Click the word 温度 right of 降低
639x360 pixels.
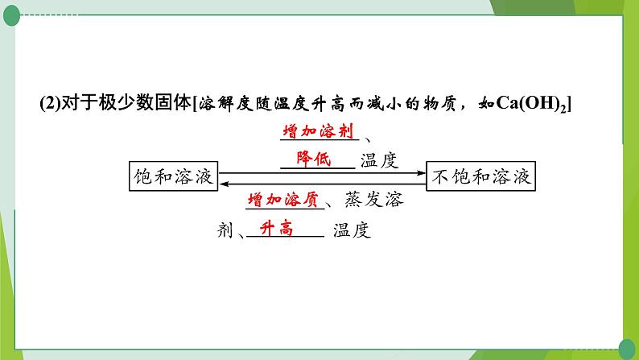(x=379, y=159)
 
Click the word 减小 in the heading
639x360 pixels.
(x=383, y=104)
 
